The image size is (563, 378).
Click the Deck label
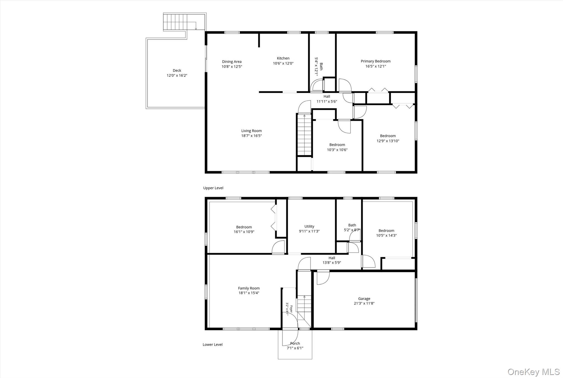177,70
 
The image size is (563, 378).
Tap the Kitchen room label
283,58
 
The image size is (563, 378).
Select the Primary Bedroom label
376,61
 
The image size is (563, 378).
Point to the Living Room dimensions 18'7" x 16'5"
252,136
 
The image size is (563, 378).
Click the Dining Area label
232,62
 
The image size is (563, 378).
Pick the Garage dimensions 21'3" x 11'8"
364,303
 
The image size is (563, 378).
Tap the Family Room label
249,288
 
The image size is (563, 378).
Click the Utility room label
309,227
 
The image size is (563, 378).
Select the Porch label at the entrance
295,343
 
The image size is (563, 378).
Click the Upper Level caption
213,188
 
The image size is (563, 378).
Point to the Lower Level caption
212,345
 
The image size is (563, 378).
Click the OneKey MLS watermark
533,372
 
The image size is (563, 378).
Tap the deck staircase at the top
175,22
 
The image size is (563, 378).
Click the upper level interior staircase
304,135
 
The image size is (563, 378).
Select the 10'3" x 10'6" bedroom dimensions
337,150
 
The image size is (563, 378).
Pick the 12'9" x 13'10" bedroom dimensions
388,141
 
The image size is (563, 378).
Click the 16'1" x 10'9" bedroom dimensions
244,232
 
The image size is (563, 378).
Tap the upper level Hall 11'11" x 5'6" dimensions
327,102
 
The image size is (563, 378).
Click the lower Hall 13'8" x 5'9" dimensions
332,263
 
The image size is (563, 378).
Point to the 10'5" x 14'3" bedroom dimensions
386,235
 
